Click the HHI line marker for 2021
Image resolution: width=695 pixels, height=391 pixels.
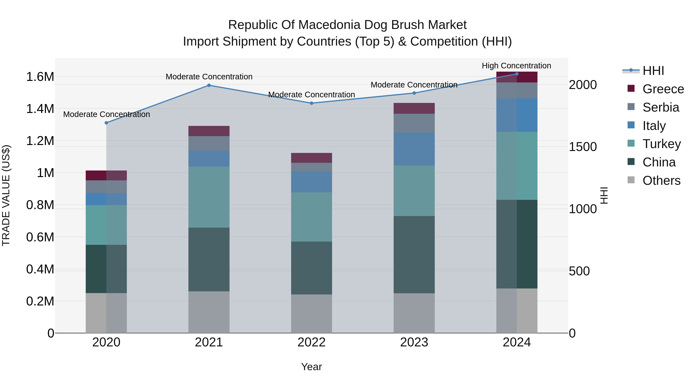tap(209, 85)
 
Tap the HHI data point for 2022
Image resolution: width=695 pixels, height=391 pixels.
tap(311, 103)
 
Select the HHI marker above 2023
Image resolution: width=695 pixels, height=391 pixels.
tap(414, 93)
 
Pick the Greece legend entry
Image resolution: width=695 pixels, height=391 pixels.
tap(663, 89)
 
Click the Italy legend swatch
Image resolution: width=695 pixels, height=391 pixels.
tap(631, 125)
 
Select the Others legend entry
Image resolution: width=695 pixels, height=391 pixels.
tap(661, 181)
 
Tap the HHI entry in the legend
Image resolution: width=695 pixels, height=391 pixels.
tap(653, 71)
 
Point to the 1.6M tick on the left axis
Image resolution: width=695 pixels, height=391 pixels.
tap(40, 77)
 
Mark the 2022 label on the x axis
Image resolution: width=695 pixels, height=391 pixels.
tap(311, 342)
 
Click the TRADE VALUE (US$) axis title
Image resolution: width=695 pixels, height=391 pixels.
tap(6, 195)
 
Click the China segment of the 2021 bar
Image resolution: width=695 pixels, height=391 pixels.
tap(209, 259)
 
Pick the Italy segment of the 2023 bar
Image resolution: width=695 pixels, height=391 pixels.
tap(414, 149)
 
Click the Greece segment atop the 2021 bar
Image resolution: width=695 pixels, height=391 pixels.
tap(209, 131)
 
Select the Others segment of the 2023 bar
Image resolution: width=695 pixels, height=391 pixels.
tap(414, 313)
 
